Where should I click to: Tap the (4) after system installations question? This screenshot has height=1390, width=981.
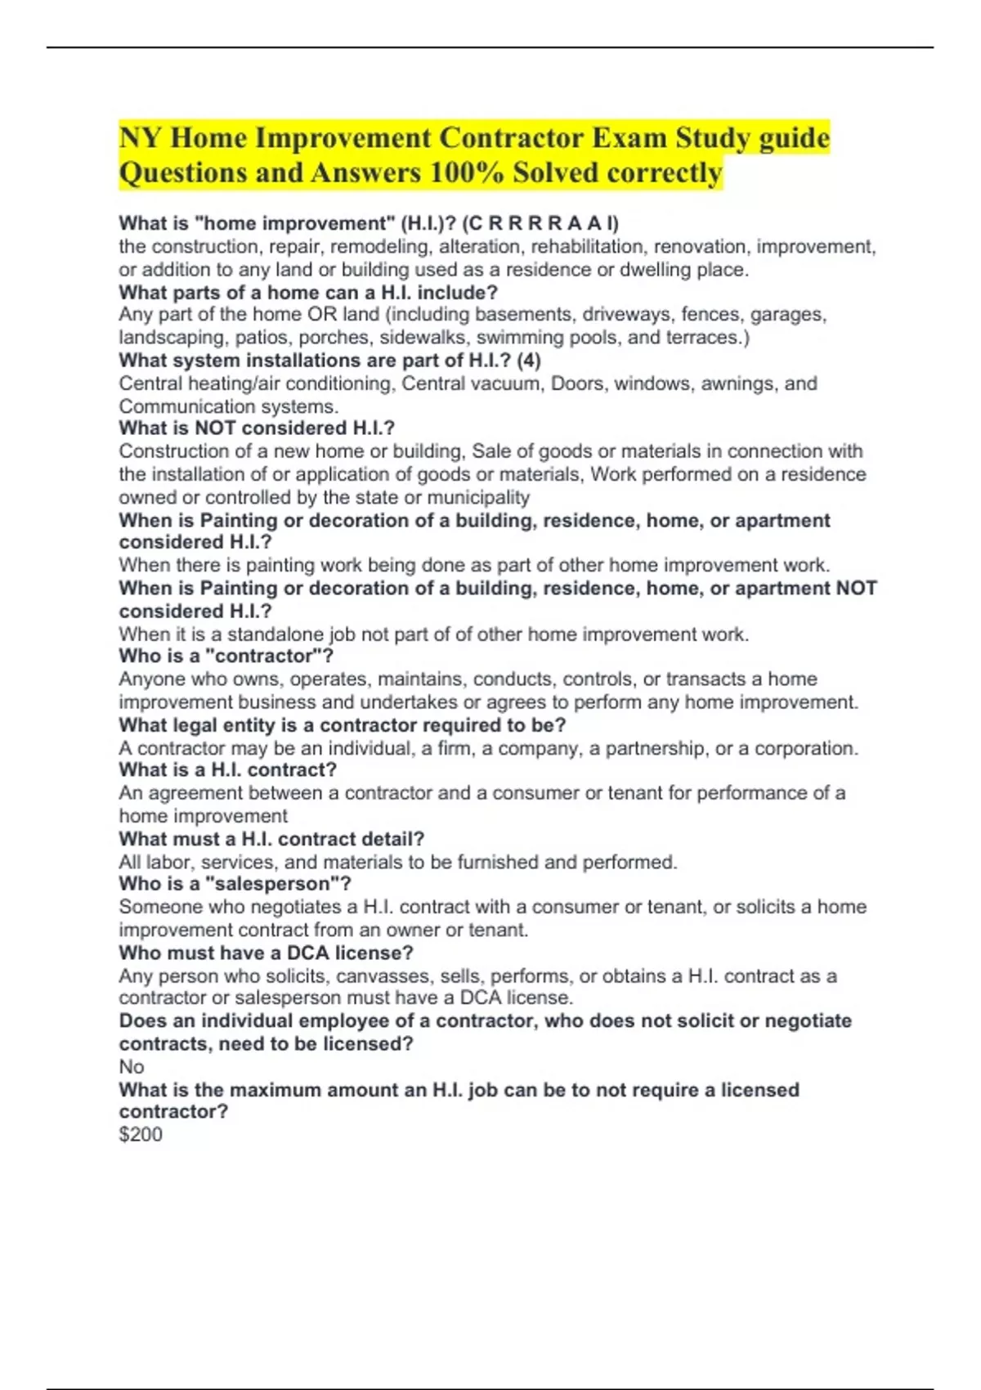click(528, 361)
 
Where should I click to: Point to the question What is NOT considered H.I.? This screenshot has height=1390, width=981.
click(257, 428)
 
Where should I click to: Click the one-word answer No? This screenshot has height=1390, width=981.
click(132, 1067)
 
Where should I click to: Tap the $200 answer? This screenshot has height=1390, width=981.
click(141, 1135)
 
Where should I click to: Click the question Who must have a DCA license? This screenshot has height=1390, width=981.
click(266, 953)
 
